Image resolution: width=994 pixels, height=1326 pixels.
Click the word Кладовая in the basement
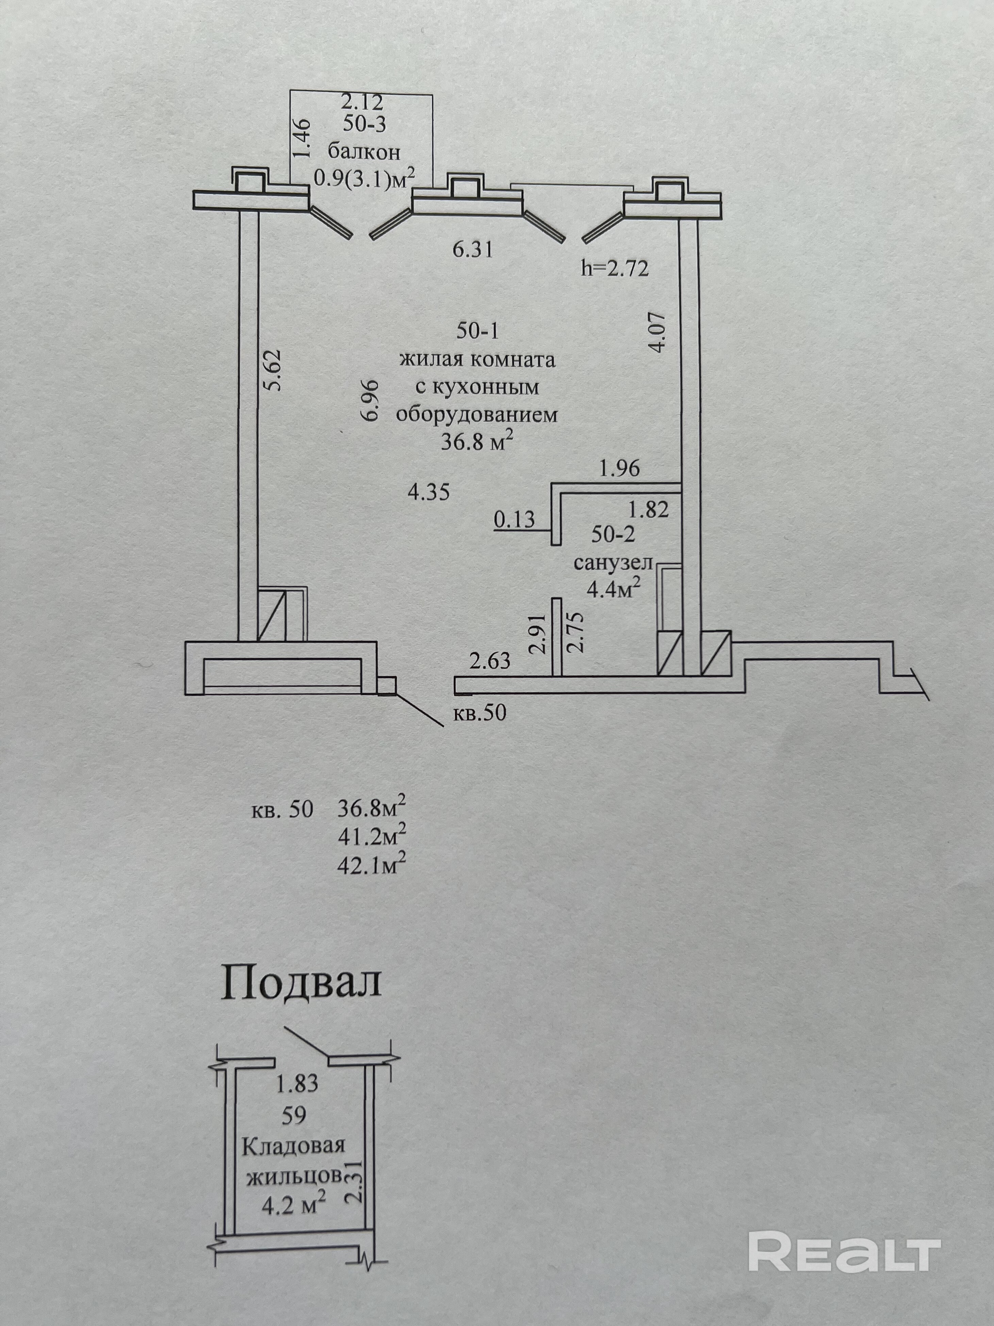(294, 1146)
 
